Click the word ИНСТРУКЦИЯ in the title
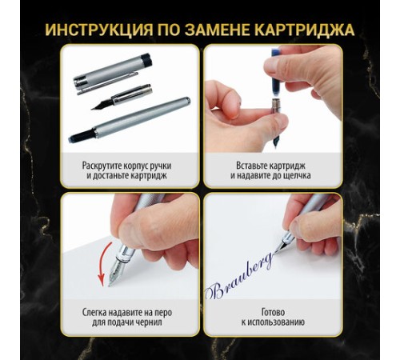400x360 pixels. (98, 30)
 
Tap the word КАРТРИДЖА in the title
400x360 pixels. (304, 30)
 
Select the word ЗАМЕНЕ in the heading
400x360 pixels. (217, 30)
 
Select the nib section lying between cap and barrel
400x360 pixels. (122, 98)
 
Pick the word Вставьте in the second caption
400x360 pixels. (251, 166)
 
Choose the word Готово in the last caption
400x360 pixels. (273, 312)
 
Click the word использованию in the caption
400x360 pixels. (276, 322)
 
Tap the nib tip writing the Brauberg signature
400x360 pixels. (275, 251)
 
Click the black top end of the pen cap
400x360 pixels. (146, 60)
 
